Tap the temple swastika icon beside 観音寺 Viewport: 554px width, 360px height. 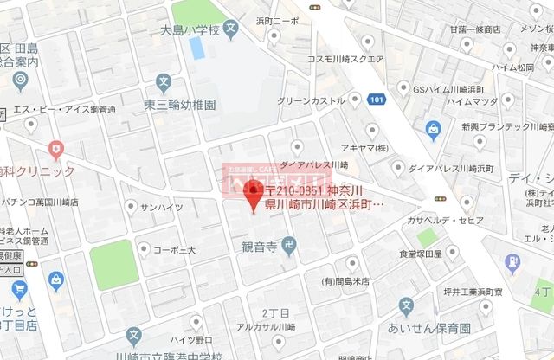click(x=289, y=247)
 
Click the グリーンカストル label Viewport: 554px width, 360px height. click(x=312, y=100)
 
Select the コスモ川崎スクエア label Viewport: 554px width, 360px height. click(x=345, y=60)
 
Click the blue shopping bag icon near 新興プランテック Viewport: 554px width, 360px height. click(x=433, y=130)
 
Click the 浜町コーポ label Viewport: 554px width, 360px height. click(x=304, y=20)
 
